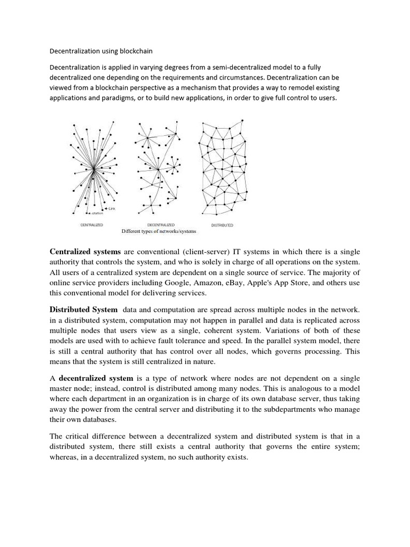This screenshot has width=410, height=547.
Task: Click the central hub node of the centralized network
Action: point(93,169)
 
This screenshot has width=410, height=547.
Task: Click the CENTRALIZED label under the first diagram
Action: point(92,225)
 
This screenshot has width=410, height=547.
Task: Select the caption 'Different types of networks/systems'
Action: point(159,231)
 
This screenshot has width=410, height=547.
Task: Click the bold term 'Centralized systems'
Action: point(85,252)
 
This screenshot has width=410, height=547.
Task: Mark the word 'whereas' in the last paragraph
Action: point(66,458)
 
